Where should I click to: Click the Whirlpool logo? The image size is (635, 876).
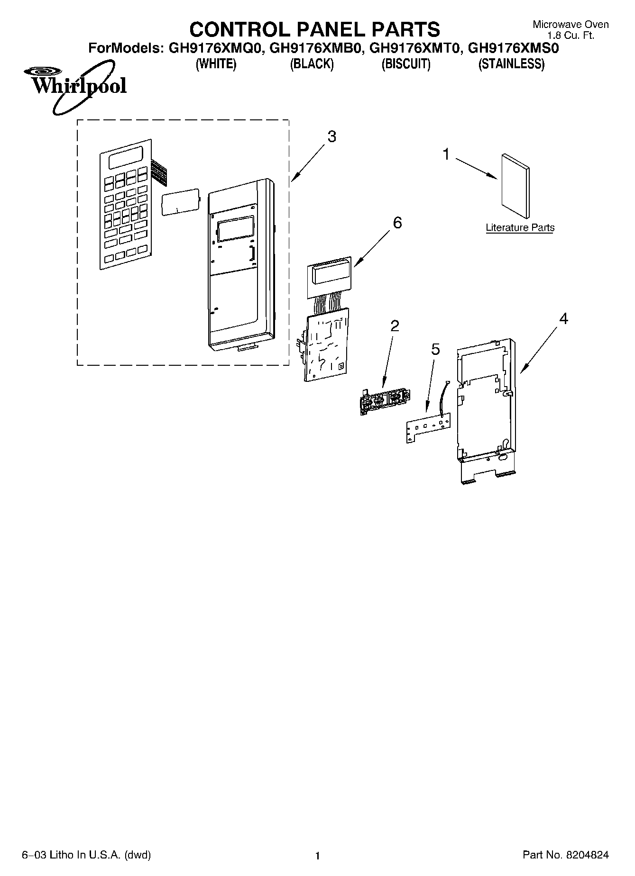click(x=74, y=86)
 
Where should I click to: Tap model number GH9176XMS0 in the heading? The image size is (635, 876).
click(x=514, y=48)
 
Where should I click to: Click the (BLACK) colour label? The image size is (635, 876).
click(x=312, y=64)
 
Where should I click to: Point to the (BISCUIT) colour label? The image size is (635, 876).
click(x=406, y=64)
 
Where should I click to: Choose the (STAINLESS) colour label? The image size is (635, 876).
click(x=511, y=64)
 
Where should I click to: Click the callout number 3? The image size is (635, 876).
click(x=331, y=137)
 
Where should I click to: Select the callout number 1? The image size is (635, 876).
click(x=446, y=154)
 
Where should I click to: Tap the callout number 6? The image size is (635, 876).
click(x=397, y=222)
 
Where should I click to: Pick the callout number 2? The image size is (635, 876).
click(x=395, y=326)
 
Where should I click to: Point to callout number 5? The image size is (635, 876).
click(x=435, y=350)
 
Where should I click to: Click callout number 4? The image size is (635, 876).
click(x=563, y=319)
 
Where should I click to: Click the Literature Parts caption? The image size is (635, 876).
click(x=520, y=228)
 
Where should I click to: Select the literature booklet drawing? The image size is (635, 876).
click(x=515, y=185)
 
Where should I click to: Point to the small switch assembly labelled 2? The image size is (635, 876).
click(x=384, y=401)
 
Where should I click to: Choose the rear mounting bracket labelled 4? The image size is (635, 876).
click(x=484, y=407)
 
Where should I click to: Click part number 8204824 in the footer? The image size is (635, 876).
click(x=587, y=841)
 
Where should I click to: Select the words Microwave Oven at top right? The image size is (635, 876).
click(x=571, y=25)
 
